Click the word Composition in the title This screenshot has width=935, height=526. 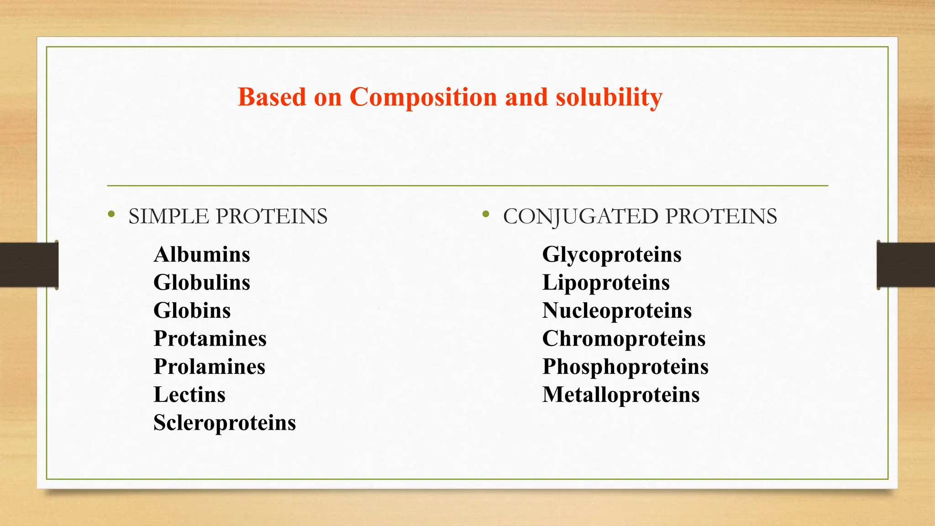(423, 97)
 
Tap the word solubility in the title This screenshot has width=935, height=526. (609, 97)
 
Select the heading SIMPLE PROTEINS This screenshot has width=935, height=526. (228, 216)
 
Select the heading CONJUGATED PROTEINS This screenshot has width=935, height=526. (640, 216)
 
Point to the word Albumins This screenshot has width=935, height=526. (202, 255)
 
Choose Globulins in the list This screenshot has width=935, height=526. (202, 283)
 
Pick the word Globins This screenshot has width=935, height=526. (192, 311)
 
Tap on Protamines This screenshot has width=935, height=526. (210, 339)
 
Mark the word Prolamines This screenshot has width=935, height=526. (210, 367)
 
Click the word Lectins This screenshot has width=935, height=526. (189, 395)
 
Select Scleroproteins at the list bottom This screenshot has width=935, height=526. (225, 423)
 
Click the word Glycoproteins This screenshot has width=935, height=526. (612, 255)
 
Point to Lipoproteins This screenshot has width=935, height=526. (606, 283)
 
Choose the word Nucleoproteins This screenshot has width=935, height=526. (617, 311)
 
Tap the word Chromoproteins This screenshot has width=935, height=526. (624, 339)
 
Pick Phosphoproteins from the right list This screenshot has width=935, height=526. (625, 367)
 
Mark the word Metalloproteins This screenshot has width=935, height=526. (621, 395)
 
